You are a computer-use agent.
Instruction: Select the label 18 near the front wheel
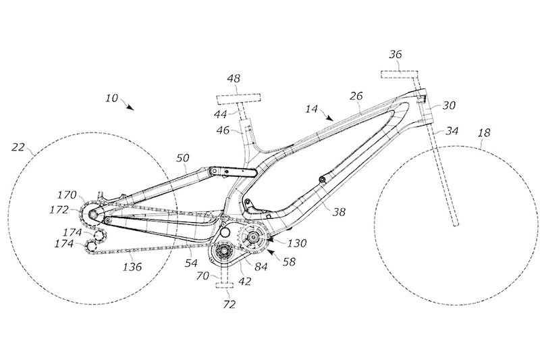point(485,134)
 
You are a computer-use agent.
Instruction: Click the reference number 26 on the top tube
point(356,96)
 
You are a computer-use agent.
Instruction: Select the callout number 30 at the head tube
point(448,105)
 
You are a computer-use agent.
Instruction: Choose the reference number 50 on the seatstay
point(183,158)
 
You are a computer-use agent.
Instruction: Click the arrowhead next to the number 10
point(130,106)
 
